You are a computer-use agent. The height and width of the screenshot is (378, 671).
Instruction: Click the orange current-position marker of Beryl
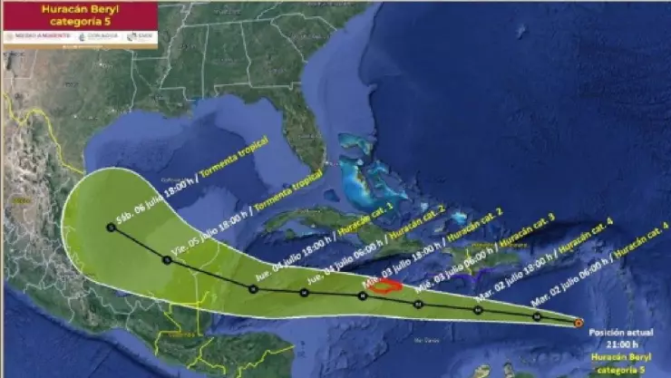tap(579, 322)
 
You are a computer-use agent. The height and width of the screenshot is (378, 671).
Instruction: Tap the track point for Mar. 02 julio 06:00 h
tap(538, 316)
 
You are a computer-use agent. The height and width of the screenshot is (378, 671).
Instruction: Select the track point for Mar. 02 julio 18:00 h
tap(478, 310)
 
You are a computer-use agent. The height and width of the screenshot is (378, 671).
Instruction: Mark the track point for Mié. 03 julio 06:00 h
tap(419, 304)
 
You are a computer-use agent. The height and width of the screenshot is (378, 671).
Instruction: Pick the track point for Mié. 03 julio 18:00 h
tap(363, 296)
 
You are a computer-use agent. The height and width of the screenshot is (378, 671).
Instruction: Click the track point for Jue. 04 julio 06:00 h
tap(305, 293)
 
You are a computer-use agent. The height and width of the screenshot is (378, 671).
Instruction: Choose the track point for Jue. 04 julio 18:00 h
tap(253, 288)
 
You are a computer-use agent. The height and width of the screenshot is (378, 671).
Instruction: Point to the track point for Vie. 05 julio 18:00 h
tap(167, 260)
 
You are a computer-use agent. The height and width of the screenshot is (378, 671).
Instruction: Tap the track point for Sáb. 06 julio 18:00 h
tap(110, 228)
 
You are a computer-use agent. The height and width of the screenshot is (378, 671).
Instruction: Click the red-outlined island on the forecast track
tap(388, 286)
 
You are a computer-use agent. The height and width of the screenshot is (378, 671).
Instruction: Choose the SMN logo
tap(140, 37)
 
